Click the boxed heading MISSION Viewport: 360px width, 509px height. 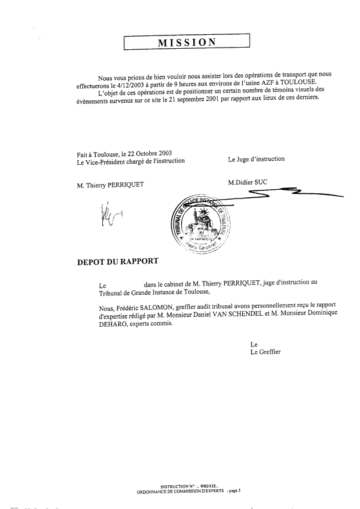click(186, 42)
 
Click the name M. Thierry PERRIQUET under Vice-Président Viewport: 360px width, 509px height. click(110, 185)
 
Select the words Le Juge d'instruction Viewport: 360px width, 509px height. click(256, 158)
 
